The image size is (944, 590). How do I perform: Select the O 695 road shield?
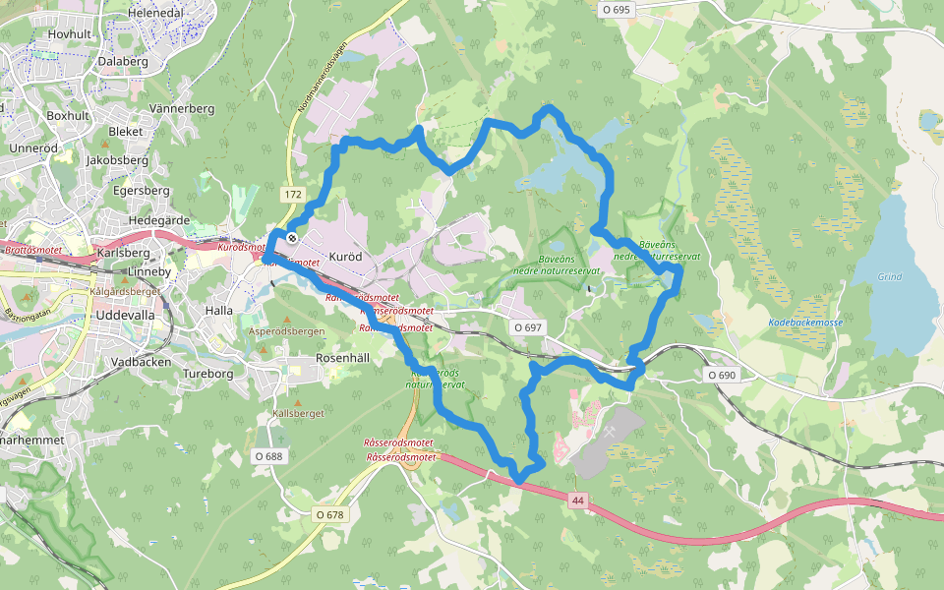[616, 9]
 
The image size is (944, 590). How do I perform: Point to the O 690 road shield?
[721, 375]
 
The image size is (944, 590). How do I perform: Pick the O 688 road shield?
[268, 455]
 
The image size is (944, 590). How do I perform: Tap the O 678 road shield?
[330, 514]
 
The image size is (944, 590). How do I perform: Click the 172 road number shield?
[293, 195]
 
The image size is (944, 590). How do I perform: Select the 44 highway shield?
[576, 501]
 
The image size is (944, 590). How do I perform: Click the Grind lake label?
[889, 277]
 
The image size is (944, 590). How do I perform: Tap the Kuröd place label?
[345, 256]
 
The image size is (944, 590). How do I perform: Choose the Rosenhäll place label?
[342, 359]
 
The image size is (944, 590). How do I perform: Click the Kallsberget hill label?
[298, 414]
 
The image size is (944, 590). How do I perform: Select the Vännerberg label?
[182, 107]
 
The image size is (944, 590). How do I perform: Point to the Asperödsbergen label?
[286, 332]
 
